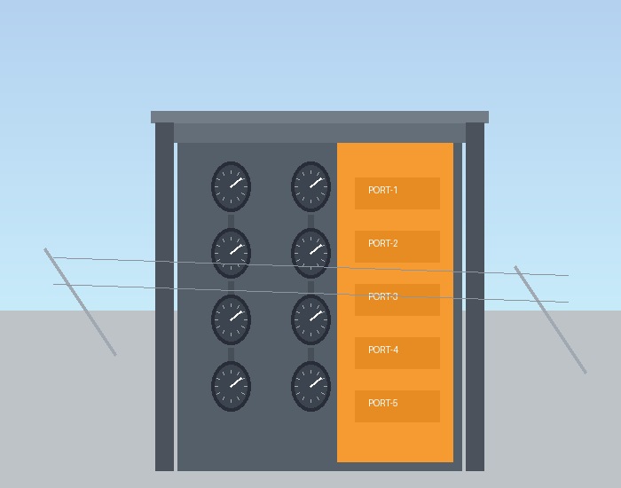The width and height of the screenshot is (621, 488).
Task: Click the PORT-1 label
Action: click(x=382, y=190)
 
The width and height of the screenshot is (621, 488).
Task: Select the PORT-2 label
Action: click(x=382, y=243)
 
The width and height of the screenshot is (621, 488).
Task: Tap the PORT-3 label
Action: click(x=382, y=296)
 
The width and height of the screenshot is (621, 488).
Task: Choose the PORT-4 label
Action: click(x=383, y=350)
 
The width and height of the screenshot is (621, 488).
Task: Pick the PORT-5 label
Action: click(x=382, y=403)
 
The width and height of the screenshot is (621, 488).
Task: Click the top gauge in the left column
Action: click(x=231, y=186)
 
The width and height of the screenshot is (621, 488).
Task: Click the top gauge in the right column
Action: click(x=310, y=186)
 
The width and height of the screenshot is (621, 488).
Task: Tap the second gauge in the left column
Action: click(x=231, y=253)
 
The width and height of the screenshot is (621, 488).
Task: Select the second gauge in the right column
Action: click(x=310, y=253)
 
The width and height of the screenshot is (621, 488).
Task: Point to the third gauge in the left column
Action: click(x=231, y=319)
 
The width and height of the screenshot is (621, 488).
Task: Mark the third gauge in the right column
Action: click(x=310, y=319)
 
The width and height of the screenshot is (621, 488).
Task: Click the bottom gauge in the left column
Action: click(x=231, y=386)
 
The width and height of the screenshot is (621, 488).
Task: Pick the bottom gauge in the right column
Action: click(x=310, y=386)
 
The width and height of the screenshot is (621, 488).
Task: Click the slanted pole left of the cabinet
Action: click(x=80, y=302)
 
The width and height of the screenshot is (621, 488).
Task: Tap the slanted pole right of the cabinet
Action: click(x=550, y=319)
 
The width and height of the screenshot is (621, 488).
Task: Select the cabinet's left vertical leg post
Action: click(x=164, y=296)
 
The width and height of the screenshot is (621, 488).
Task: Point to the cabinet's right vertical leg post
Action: click(x=475, y=296)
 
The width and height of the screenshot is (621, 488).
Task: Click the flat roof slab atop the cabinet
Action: click(x=319, y=117)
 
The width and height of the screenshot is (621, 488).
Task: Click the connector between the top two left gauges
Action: click(x=231, y=219)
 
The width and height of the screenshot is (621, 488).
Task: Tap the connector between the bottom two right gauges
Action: click(x=310, y=352)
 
